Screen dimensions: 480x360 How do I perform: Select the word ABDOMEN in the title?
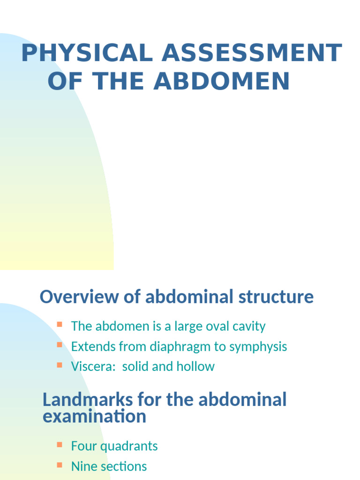pos(222,81)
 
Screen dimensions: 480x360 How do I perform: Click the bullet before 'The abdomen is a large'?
pos(60,324)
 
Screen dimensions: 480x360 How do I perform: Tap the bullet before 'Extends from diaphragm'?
pos(60,345)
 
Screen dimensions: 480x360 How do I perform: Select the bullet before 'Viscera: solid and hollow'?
pos(60,365)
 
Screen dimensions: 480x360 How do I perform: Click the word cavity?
pos(249,327)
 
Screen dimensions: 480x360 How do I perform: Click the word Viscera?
pos(93,367)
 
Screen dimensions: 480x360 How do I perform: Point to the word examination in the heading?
pos(94,417)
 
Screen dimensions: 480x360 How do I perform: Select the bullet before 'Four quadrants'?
pos(60,444)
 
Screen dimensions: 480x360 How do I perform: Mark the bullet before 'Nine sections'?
pos(60,465)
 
